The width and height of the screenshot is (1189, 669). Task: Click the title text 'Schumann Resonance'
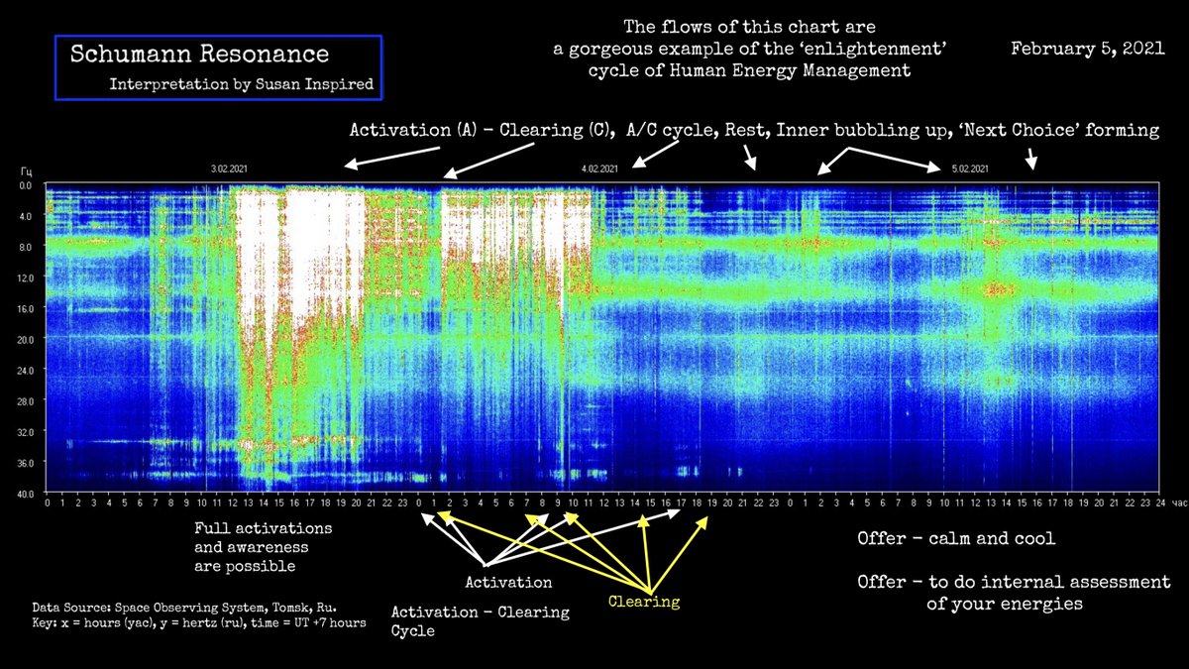click(x=199, y=55)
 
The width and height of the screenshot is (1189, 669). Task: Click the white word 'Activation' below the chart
click(x=508, y=582)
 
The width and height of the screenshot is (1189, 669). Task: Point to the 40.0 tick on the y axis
click(x=26, y=494)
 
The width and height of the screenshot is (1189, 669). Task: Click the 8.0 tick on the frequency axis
click(x=27, y=247)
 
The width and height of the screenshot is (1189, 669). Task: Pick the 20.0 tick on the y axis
click(x=26, y=339)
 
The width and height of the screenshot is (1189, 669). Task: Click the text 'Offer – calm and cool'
click(x=956, y=539)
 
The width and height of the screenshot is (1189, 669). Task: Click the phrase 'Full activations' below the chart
click(x=263, y=528)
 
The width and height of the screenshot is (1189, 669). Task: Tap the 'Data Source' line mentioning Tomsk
click(x=184, y=604)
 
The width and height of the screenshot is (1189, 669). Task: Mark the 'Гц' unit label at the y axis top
click(x=26, y=171)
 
